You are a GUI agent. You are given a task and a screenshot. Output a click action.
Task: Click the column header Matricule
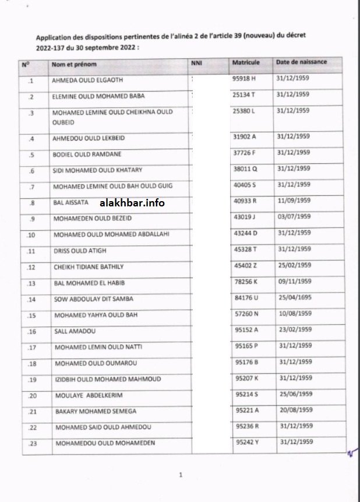(x=246, y=62)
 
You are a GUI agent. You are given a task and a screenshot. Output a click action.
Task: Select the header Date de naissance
(x=301, y=62)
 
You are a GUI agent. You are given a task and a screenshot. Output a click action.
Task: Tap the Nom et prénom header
(x=74, y=63)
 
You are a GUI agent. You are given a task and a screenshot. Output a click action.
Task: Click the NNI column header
(x=196, y=62)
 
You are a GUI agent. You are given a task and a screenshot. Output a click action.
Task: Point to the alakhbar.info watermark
(x=132, y=203)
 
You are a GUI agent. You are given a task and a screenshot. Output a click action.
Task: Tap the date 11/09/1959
(x=294, y=201)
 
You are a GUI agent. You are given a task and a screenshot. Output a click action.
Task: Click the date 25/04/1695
(x=294, y=298)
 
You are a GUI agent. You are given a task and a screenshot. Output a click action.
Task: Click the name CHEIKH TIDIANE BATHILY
(x=89, y=267)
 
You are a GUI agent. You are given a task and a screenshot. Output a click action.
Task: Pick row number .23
(x=32, y=444)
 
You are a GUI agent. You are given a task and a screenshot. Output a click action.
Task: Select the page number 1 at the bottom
(x=181, y=475)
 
